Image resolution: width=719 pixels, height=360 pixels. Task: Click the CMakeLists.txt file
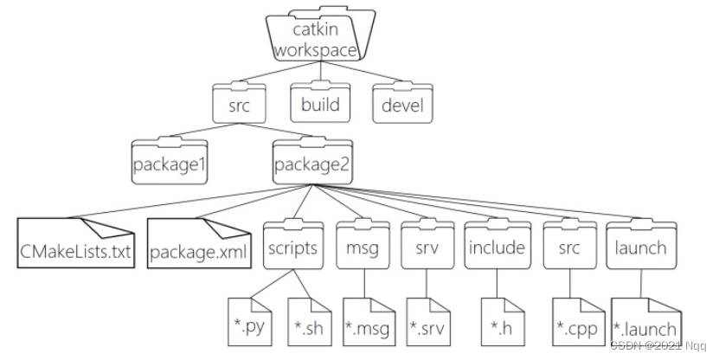point(76,243)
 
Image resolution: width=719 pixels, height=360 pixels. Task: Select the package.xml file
point(199,243)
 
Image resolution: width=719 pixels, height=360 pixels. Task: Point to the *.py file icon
point(250,322)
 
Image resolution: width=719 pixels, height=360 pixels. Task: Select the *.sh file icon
point(310,322)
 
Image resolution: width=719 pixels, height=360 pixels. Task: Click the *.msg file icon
point(369,322)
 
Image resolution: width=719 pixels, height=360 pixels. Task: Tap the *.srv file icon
point(428,322)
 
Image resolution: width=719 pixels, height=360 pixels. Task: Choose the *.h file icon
point(503,322)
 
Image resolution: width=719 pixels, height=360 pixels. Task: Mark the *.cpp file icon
point(579,322)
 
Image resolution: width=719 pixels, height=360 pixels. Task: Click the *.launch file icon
point(646,322)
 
